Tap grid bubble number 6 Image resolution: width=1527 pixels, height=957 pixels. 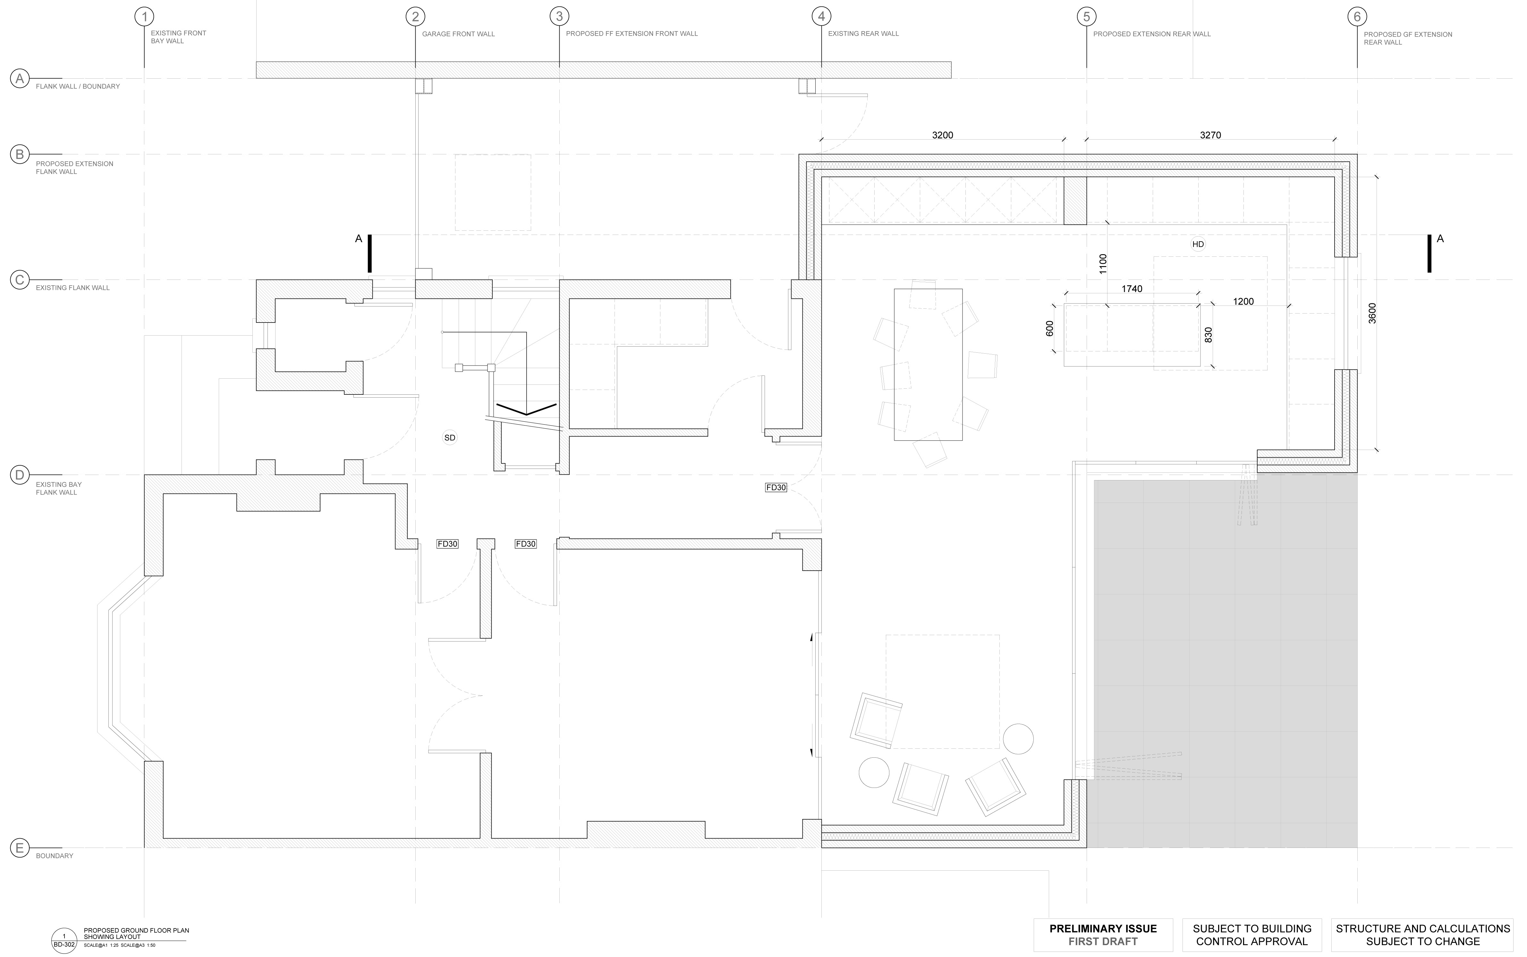[1357, 16]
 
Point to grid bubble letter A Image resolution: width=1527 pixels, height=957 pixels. [20, 79]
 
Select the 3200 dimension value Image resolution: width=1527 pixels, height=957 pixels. [943, 135]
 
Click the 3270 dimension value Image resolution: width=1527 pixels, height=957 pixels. [1210, 135]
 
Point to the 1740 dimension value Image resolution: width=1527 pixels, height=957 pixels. [1132, 289]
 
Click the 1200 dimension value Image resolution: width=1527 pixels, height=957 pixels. [1243, 301]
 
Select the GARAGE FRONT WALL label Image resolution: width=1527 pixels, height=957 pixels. [459, 34]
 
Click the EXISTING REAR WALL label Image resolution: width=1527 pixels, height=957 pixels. [863, 34]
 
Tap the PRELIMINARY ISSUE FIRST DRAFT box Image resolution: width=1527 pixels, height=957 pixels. [1103, 935]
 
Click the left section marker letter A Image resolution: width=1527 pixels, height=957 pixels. [359, 239]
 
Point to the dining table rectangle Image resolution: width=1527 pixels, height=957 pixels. [928, 365]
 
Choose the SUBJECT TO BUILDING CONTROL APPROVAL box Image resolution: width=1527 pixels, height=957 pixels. [1252, 935]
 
